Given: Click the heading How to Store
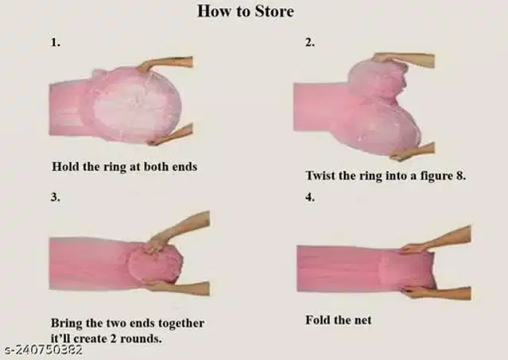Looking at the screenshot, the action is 246,11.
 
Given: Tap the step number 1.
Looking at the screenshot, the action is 56,42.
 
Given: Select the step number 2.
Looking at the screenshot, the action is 310,42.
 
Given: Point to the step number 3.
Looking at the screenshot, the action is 56,197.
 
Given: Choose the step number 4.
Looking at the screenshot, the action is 310,197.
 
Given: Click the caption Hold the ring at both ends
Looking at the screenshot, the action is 125,167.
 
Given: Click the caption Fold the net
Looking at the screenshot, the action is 339,320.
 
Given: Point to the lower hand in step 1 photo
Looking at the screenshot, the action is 170,135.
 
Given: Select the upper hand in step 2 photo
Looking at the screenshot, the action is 403,60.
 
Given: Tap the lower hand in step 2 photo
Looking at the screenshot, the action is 412,152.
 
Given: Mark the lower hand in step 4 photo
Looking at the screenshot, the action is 436,293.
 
